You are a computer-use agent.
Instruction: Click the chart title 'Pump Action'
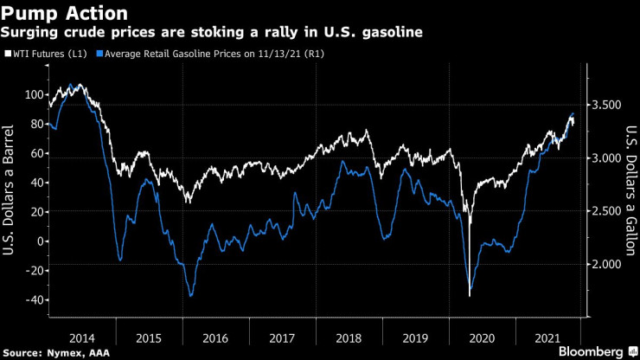click(65, 14)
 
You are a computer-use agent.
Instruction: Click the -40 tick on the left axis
click(33, 300)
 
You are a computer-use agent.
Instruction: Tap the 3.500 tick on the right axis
click(605, 105)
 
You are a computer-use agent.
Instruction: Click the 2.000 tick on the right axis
click(605, 264)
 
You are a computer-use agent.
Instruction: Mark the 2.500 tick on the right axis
click(605, 211)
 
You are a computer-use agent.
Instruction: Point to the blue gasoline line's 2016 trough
click(189, 296)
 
